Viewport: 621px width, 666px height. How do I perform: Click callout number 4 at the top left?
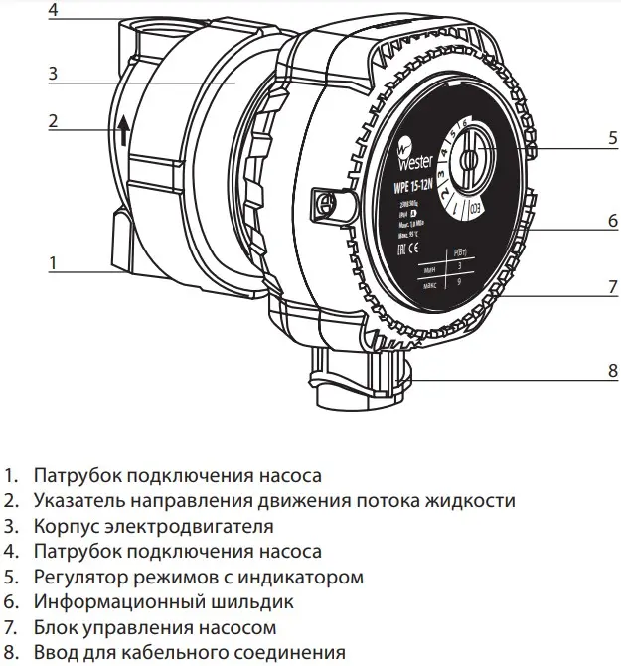pyautogui.click(x=53, y=11)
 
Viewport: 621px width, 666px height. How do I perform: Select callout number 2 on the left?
pyautogui.click(x=53, y=122)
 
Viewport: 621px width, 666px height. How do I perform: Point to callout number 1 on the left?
pyautogui.click(x=53, y=263)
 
